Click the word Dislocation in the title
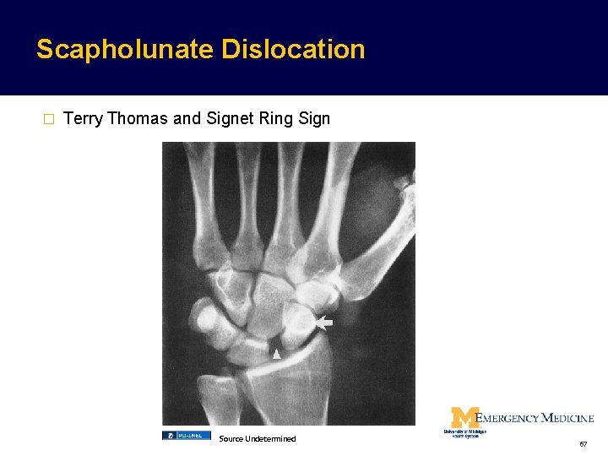[x=293, y=49]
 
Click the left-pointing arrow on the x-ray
[x=324, y=323]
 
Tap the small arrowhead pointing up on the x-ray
[x=276, y=355]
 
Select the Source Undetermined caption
[x=258, y=438]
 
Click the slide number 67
[x=584, y=443]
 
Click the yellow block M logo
[x=464, y=417]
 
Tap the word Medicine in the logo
[x=567, y=418]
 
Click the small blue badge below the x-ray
[x=186, y=436]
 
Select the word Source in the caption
[x=231, y=438]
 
